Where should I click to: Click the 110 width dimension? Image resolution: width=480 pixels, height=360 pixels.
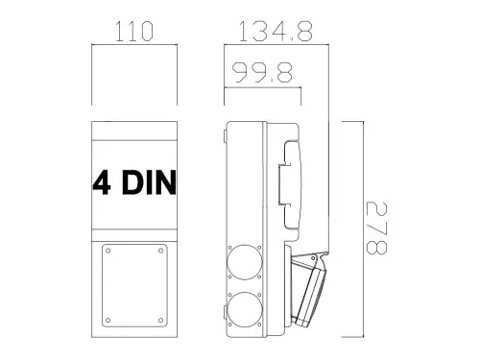134,31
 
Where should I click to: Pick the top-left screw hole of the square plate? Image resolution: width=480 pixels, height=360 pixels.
108,252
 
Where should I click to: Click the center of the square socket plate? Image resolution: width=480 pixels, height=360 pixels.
134,286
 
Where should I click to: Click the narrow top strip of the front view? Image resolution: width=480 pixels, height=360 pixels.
134,132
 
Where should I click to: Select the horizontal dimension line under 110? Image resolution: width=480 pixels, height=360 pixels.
134,43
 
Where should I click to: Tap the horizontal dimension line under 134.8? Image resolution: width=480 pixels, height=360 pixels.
277,43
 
